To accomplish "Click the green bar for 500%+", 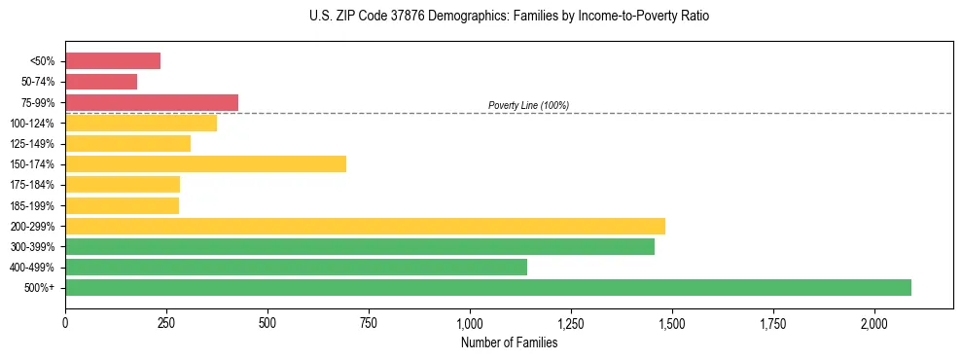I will [x=488, y=287].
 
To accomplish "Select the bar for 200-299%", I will [x=365, y=226].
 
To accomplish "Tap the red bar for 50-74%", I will [x=101, y=82].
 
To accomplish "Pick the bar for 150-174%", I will [x=205, y=163].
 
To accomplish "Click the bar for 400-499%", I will [x=296, y=267].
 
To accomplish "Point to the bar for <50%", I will [x=113, y=61].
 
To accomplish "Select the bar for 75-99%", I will [x=152, y=102].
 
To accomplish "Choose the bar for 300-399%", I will [x=360, y=246].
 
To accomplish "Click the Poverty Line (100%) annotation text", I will [x=528, y=105].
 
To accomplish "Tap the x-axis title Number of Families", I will [x=509, y=342].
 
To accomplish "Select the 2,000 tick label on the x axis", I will [x=874, y=322].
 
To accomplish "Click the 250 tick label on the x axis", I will [x=166, y=322].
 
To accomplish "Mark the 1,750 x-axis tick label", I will [x=773, y=322].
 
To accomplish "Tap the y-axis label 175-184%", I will [x=37, y=185].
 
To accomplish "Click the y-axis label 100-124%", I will [x=37, y=124].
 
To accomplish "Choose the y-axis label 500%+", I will [x=42, y=288].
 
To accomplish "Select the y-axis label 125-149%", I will [x=37, y=144].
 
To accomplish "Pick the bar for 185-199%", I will [x=122, y=205].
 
